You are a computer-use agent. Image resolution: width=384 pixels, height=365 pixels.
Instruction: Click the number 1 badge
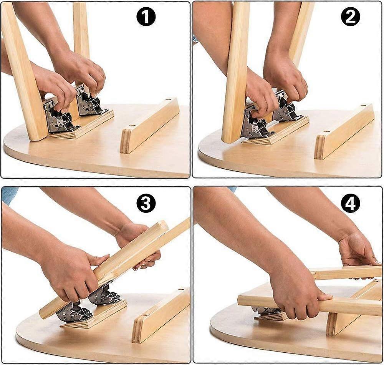point(146,17)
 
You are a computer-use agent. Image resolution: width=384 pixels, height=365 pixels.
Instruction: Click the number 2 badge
point(350,17)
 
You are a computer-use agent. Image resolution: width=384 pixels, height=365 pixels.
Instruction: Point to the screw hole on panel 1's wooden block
point(132,126)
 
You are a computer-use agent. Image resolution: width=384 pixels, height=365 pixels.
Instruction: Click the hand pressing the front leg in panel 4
point(296,294)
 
